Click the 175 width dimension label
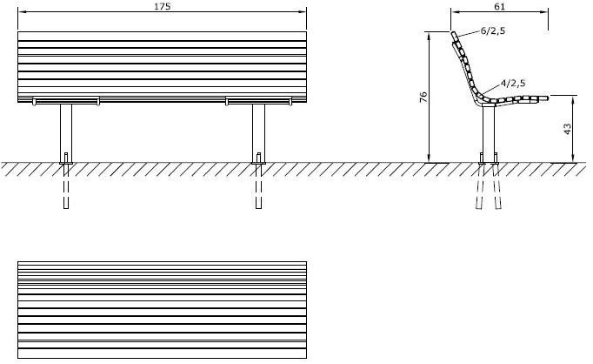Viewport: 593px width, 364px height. (163, 6)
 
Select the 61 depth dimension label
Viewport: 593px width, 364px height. (499, 6)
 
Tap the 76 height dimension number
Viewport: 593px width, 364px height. (423, 97)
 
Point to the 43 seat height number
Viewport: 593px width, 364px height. (567, 129)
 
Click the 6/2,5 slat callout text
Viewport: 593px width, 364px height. (493, 31)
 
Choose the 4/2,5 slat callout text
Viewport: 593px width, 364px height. (513, 83)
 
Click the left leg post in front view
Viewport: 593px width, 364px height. (66, 133)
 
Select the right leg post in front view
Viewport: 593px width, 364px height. (259, 133)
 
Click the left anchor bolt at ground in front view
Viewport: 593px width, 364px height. (66, 158)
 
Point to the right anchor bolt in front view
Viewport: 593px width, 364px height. (259, 158)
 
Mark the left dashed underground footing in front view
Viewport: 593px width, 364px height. (66, 186)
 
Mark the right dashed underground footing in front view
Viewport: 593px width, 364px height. (259, 186)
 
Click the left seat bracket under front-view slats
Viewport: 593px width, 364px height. (66, 101)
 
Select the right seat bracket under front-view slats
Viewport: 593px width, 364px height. (259, 101)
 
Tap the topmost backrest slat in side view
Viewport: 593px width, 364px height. (455, 37)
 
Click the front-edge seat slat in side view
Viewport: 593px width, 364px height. (543, 98)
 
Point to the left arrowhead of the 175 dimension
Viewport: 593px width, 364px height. (22, 11)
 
